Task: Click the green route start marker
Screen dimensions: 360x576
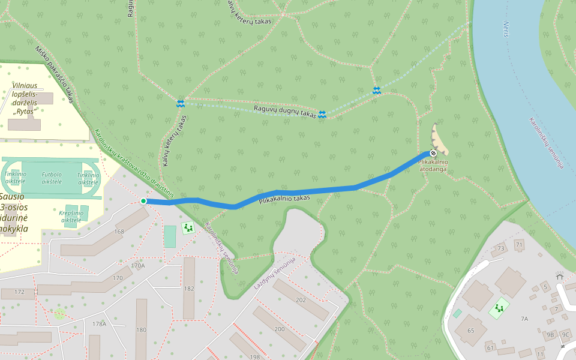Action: point(143,200)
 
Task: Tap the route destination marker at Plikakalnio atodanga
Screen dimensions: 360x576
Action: point(433,153)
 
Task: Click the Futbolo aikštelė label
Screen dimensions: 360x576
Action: point(52,178)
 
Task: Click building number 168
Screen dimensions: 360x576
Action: point(119,232)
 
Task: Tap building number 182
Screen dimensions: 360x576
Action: point(189,289)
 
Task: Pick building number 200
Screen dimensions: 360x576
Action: point(280,329)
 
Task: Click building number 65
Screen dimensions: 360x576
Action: point(470,331)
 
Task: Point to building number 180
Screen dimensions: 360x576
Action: point(141,329)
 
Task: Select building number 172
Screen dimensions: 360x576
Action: point(20,292)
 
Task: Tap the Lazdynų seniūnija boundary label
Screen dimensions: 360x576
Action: point(275,274)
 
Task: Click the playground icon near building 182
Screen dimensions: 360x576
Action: point(188,227)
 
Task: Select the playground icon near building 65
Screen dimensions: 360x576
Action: point(499,309)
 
